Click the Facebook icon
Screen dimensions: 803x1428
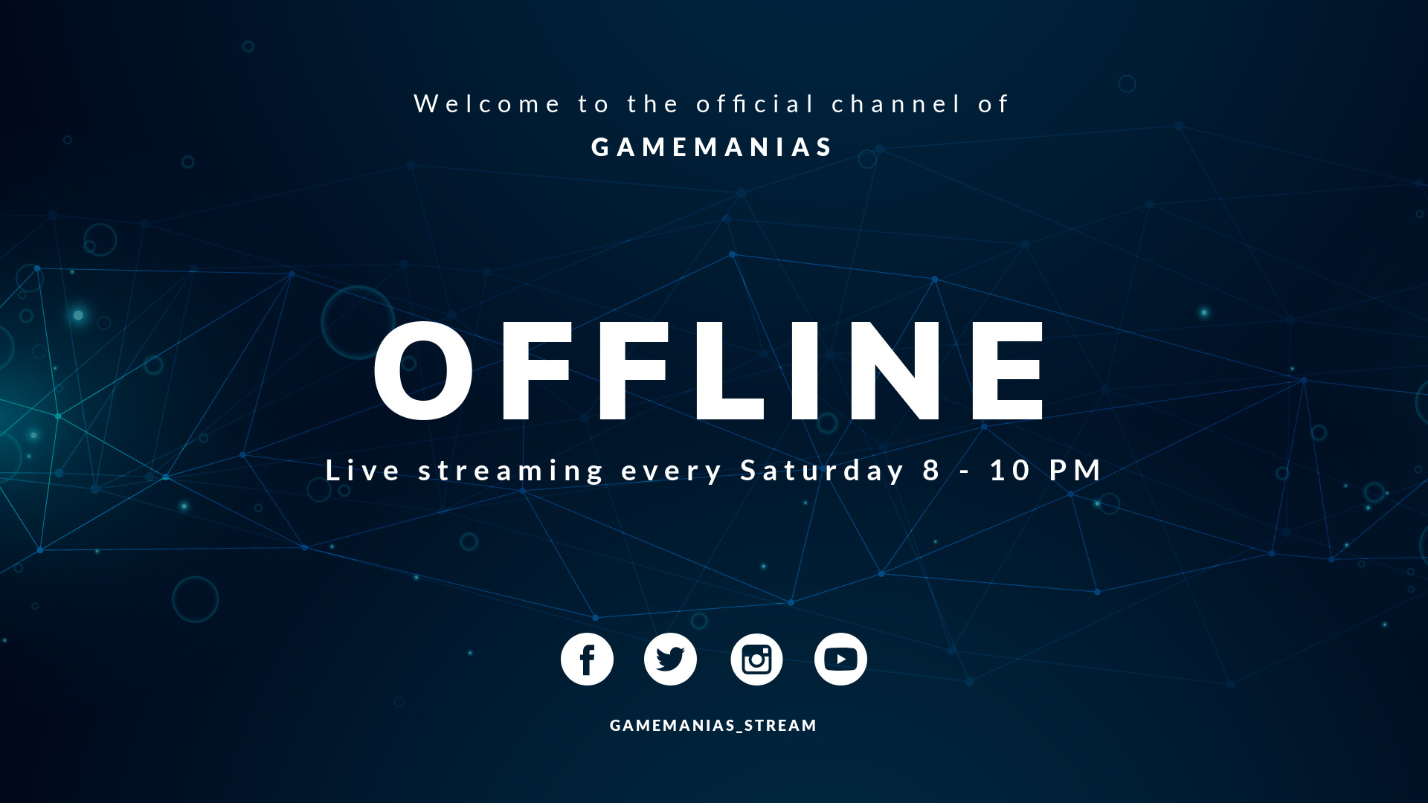(587, 660)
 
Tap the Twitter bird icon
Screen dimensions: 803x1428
(670, 660)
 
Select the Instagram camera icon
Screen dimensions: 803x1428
(756, 660)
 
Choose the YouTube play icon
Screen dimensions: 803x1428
(840, 660)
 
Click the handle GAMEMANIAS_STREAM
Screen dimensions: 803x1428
(713, 726)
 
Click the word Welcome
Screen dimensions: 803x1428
(486, 104)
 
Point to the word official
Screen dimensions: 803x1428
(756, 104)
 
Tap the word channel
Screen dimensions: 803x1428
(896, 104)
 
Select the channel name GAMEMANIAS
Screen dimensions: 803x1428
(713, 147)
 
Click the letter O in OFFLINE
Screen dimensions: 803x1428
(423, 371)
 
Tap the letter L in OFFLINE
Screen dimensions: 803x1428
(728, 371)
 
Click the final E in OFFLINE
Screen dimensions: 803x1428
(1008, 371)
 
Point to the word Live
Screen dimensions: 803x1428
(363, 471)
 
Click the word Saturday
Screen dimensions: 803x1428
(823, 471)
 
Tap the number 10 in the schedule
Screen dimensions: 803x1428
(1010, 471)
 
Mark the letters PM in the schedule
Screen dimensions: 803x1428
(1075, 471)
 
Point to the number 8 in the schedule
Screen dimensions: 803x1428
(932, 471)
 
